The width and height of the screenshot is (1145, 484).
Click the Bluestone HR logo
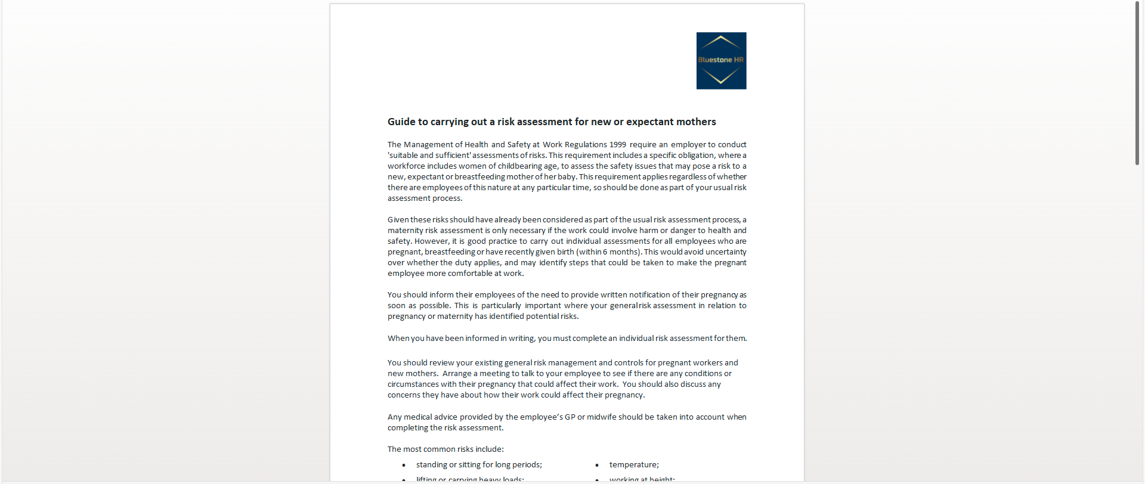pos(721,61)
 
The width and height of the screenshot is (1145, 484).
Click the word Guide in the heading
pos(401,122)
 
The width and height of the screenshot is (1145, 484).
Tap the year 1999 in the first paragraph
pos(617,145)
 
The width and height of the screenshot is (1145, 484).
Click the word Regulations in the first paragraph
pos(586,145)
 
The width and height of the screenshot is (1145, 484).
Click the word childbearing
pos(521,166)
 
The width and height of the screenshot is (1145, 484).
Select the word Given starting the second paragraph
pos(398,220)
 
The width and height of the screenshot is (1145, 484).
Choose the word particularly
pos(501,306)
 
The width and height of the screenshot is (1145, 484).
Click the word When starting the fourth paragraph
pos(398,339)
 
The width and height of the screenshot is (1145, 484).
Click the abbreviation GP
pos(570,417)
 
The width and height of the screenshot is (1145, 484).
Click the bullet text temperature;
pos(634,465)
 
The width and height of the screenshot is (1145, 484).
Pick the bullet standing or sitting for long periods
pos(479,465)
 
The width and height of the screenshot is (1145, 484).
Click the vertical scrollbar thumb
pos(1137,83)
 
